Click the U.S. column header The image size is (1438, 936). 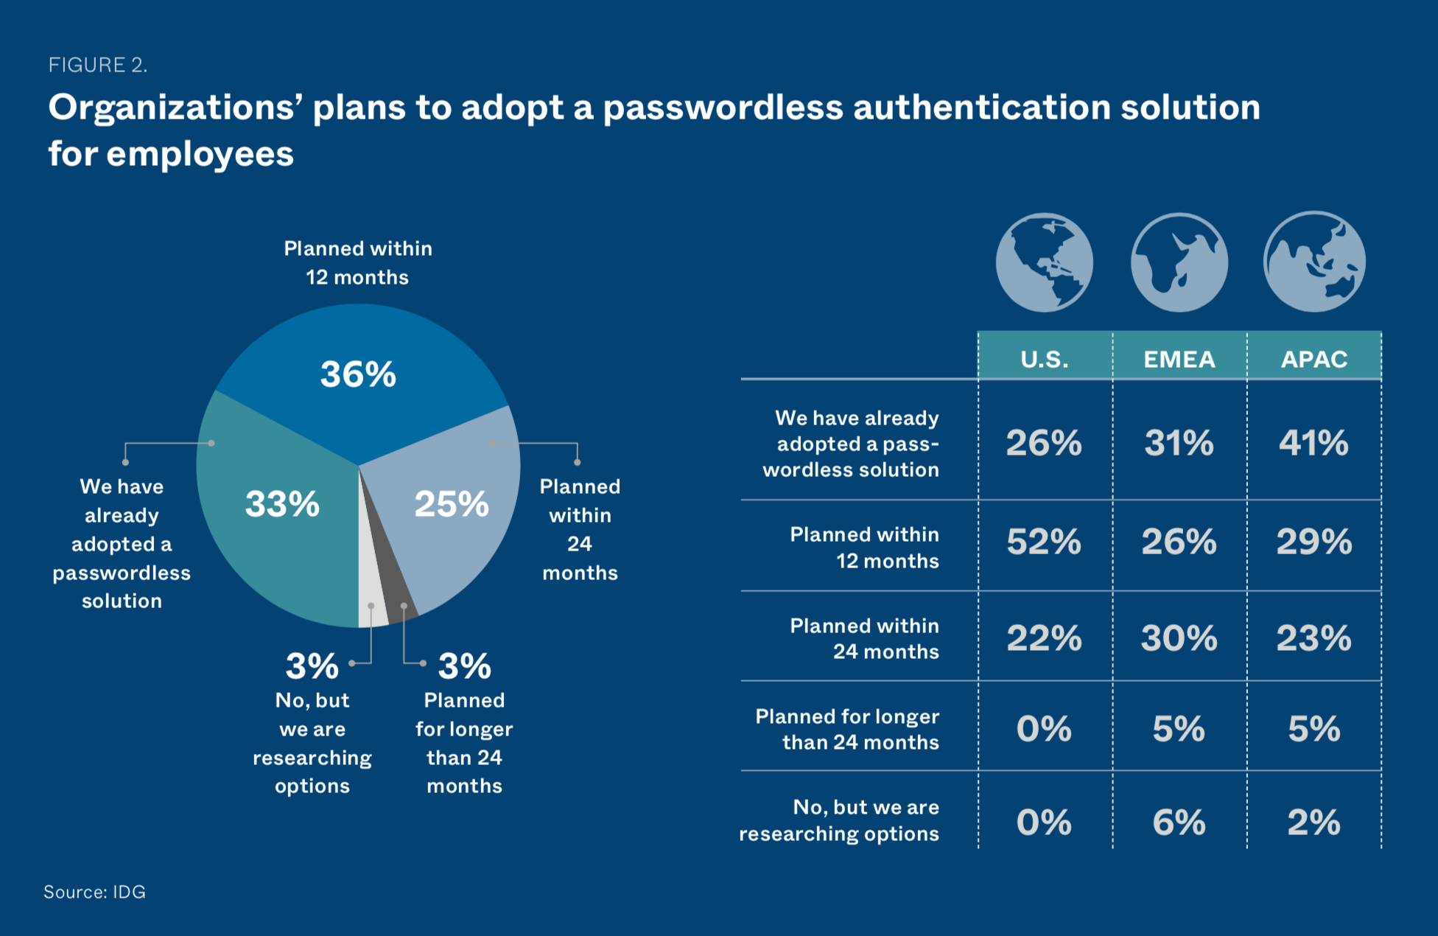point(1045,358)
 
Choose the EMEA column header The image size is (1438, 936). point(1179,358)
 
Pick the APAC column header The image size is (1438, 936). point(1314,358)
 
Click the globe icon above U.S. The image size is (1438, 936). point(1044,263)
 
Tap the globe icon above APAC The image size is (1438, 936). point(1314,262)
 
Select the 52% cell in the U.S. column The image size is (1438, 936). point(1044,542)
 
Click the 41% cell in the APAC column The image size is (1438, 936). point(1314,443)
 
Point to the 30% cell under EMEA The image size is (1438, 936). point(1179,638)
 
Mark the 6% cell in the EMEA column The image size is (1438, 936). point(1179,823)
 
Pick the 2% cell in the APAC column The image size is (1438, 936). point(1314,823)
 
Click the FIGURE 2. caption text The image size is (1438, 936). point(98,65)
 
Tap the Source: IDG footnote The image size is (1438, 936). point(94,892)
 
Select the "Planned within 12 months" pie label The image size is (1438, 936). point(358,262)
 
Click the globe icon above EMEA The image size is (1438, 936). point(1179,263)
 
